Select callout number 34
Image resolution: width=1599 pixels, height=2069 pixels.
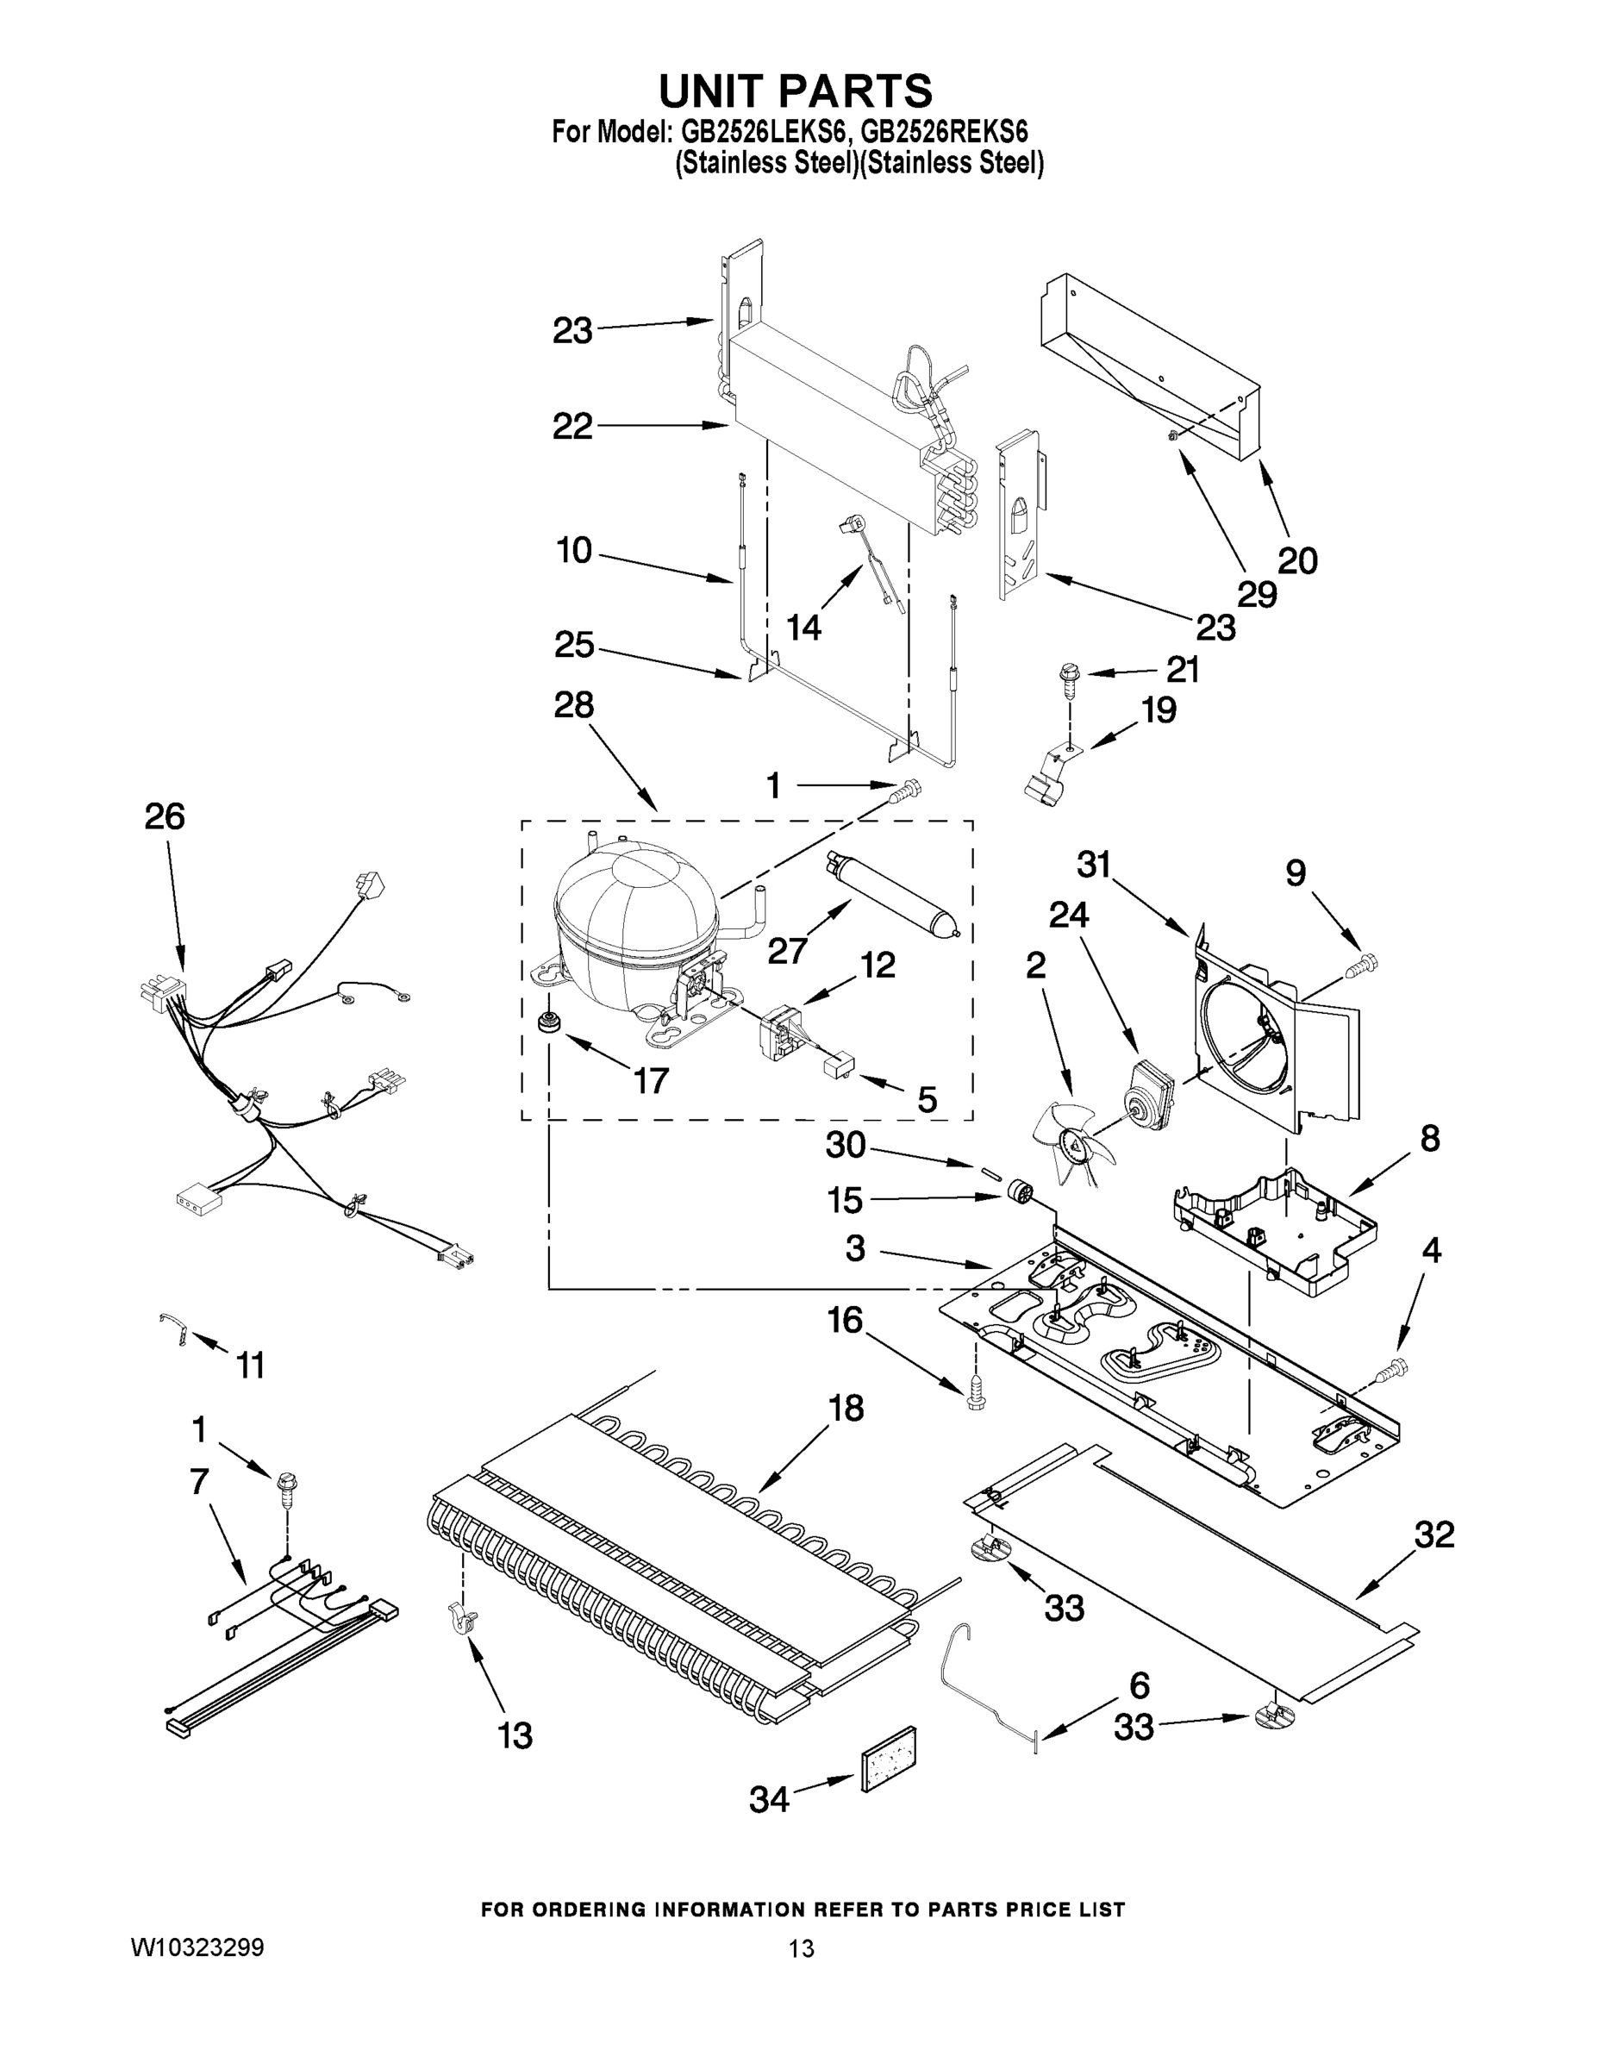(768, 1798)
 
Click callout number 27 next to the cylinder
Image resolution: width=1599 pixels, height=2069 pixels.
(787, 949)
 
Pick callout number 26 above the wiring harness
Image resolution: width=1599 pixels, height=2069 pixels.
(164, 816)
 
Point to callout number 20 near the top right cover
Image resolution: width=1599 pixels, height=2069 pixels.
(1296, 561)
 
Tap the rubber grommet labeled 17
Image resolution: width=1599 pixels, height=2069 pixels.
(547, 1023)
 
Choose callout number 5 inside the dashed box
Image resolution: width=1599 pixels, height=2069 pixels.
(927, 1099)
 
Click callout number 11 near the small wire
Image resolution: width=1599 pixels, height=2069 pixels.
(250, 1366)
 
